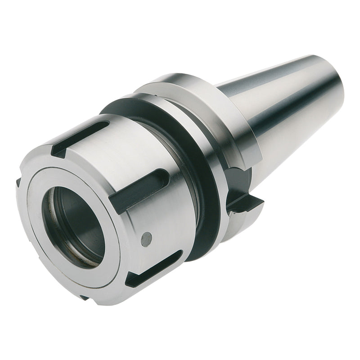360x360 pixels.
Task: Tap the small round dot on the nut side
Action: click(x=145, y=239)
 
